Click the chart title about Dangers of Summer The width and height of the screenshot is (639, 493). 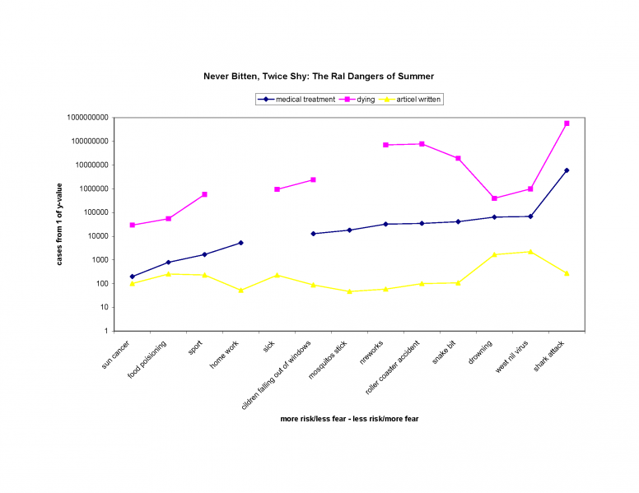(x=319, y=76)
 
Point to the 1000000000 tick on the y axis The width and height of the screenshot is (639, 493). (x=85, y=118)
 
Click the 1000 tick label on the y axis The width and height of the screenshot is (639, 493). (x=98, y=260)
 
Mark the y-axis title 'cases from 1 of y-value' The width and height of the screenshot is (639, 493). (x=59, y=224)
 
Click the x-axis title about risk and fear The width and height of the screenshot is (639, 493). (x=349, y=419)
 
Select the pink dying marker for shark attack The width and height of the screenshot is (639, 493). (x=567, y=123)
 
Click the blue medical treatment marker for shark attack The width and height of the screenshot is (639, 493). (x=567, y=170)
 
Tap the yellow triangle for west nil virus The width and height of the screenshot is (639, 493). (x=530, y=252)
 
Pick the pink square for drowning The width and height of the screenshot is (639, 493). (x=494, y=198)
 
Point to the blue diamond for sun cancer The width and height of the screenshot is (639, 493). (x=132, y=277)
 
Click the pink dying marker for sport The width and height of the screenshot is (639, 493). (x=204, y=194)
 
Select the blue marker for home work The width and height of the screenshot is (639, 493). (x=240, y=243)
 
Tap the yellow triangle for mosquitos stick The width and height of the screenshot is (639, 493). (x=349, y=291)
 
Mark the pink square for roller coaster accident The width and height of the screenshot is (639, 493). (x=422, y=144)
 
